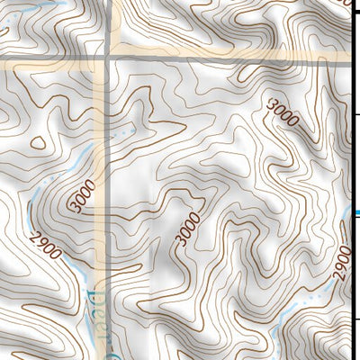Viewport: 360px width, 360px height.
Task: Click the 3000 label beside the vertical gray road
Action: (x=81, y=196)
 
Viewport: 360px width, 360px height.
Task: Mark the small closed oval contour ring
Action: (x=38, y=142)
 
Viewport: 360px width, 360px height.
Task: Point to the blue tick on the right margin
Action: (x=355, y=213)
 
